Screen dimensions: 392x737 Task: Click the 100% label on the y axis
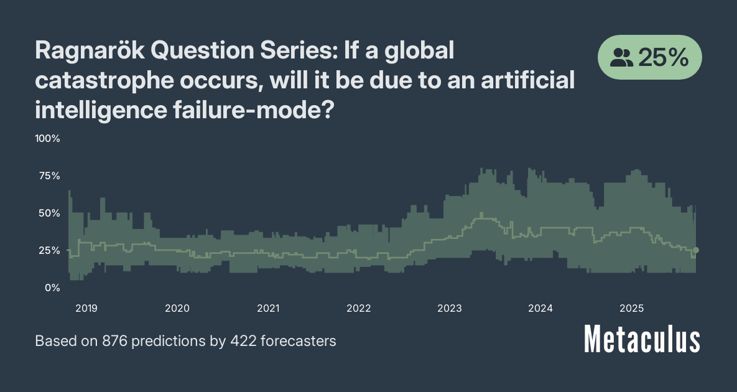47,138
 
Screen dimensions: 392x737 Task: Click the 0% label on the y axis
52,287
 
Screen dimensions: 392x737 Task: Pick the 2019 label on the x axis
86,308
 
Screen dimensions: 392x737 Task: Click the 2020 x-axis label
177,308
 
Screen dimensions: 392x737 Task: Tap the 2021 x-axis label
268,308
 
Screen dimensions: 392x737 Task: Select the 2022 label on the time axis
359,308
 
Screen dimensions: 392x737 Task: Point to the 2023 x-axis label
450,308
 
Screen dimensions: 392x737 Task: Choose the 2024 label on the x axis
540,308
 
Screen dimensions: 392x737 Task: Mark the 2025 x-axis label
631,308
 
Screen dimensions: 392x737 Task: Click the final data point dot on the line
696,250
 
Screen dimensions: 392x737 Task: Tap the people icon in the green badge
621,58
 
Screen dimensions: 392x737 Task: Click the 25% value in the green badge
663,58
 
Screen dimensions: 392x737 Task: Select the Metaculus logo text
642,340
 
